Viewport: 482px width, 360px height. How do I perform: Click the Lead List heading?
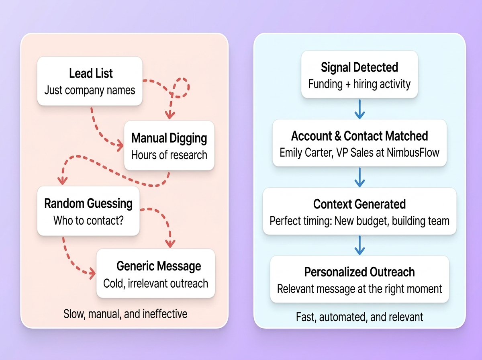91,74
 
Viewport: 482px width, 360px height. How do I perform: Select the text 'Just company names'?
90,90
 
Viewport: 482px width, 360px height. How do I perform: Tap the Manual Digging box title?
169,139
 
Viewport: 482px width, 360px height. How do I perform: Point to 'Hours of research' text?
169,155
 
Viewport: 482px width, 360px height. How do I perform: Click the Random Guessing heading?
88,203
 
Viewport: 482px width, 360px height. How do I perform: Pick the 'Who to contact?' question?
88,220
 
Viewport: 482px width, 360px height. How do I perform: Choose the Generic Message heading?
159,266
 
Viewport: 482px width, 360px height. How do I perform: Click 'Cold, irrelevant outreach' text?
156,283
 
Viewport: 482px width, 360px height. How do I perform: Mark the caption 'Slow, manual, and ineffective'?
125,313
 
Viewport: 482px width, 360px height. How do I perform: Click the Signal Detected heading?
359,67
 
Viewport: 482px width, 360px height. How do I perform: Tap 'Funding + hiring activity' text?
359,84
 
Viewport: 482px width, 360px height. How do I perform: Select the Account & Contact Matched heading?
359,136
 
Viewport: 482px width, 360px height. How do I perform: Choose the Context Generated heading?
359,204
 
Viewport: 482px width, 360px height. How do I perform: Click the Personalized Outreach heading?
359,272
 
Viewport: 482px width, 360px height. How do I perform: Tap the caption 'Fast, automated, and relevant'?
359,317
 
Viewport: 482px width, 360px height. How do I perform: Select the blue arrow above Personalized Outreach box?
360,245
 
